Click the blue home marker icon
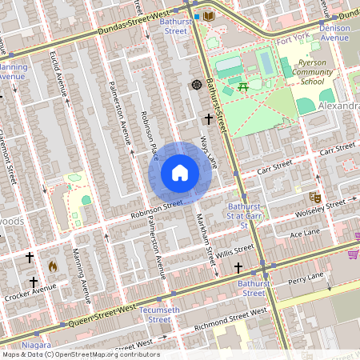pos(179,173)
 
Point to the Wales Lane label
pos(209,150)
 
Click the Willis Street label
pos(238,250)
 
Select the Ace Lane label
pos(304,234)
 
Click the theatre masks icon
pos(315,196)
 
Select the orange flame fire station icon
pos(53,266)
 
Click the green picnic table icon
pos(244,86)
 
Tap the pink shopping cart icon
pos(352,254)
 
